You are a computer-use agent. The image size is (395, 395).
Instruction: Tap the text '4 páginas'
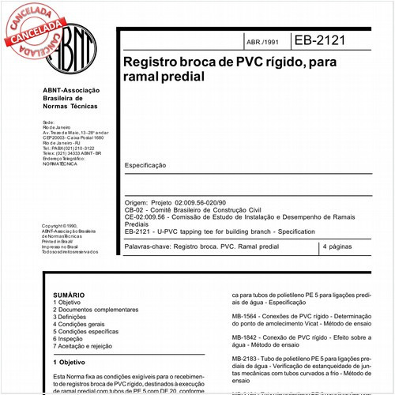(x=340, y=247)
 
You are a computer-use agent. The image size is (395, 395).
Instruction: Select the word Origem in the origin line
(x=137, y=203)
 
